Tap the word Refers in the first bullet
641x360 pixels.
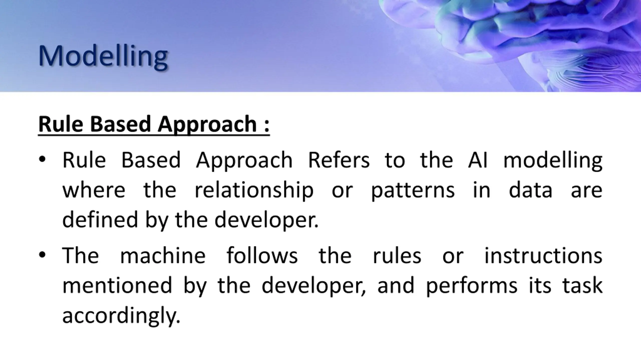coord(339,160)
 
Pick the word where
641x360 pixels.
coord(94,190)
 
